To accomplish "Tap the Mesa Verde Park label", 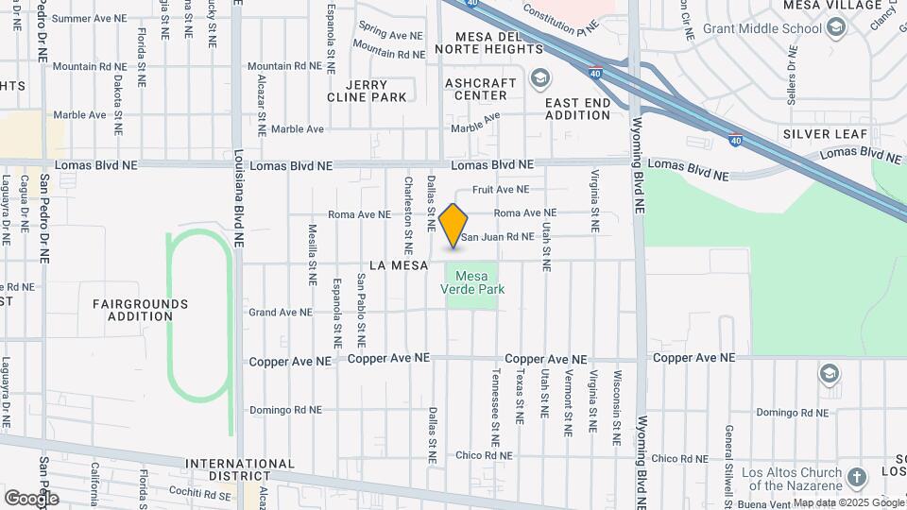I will (473, 282).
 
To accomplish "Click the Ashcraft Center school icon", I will (539, 77).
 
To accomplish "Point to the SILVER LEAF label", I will (826, 134).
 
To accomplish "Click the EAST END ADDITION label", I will (578, 109).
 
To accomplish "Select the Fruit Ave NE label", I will (501, 189).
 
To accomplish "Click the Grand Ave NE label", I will (280, 312).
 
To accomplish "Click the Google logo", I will (30, 498).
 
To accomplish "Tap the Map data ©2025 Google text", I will (847, 502).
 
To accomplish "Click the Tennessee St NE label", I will (495, 408).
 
